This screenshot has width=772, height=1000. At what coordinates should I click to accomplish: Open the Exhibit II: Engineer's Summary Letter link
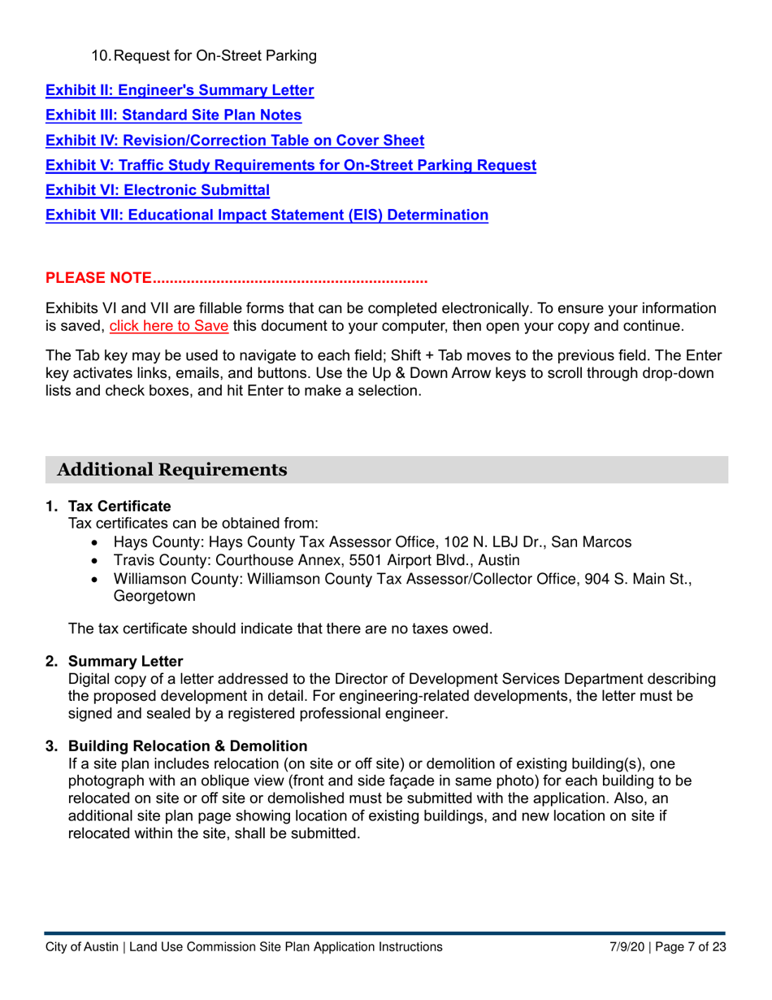(x=179, y=89)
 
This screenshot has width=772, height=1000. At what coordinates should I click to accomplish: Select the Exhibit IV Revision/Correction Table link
(x=234, y=140)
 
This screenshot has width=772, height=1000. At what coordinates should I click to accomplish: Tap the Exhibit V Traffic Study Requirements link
(x=290, y=165)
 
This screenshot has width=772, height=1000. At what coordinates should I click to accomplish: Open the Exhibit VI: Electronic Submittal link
(x=157, y=190)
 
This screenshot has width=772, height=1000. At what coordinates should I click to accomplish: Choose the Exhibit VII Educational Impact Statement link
(x=267, y=215)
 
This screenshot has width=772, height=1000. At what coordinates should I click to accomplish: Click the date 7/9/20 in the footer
(x=628, y=947)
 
